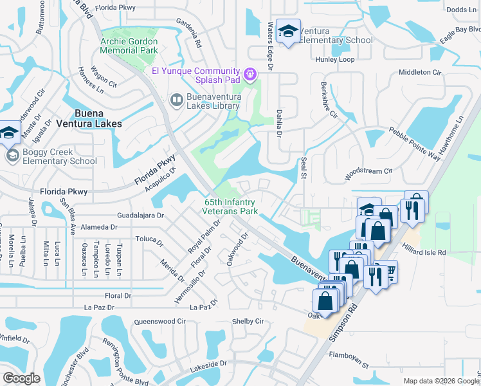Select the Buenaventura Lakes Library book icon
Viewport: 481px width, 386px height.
176,100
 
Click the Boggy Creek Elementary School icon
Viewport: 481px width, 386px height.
12,156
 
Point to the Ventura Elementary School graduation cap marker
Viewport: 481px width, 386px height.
289,32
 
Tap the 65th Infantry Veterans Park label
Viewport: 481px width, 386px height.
231,207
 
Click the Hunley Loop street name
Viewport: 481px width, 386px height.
334,59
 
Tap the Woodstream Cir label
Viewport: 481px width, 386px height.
368,172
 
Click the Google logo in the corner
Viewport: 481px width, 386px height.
21,378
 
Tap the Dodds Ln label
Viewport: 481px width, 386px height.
460,10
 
